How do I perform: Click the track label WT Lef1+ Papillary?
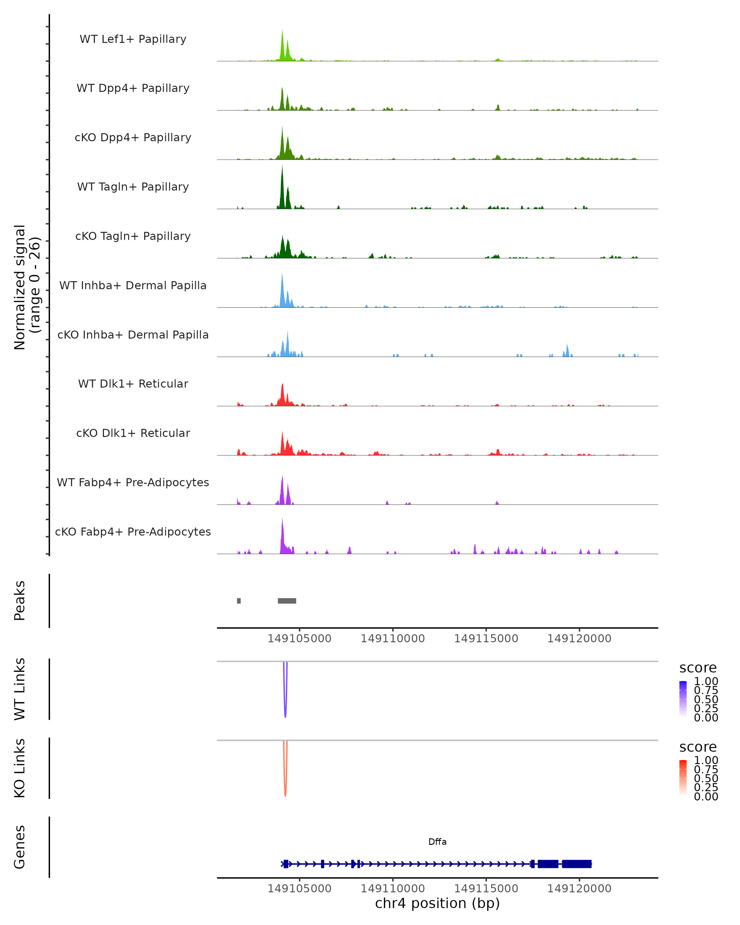pyautogui.click(x=133, y=39)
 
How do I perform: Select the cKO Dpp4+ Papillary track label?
pyautogui.click(x=133, y=137)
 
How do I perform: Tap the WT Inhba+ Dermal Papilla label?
pyautogui.click(x=133, y=285)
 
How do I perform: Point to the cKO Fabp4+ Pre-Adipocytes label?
pyautogui.click(x=133, y=532)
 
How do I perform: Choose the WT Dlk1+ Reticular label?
pyautogui.click(x=133, y=384)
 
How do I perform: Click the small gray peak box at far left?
pyautogui.click(x=239, y=601)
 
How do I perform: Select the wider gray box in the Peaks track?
pyautogui.click(x=287, y=601)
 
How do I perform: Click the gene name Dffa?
pyautogui.click(x=437, y=842)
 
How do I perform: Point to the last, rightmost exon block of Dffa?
pyautogui.click(x=577, y=864)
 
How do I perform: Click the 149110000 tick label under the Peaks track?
pyautogui.click(x=393, y=639)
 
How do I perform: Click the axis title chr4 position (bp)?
pyautogui.click(x=437, y=903)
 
